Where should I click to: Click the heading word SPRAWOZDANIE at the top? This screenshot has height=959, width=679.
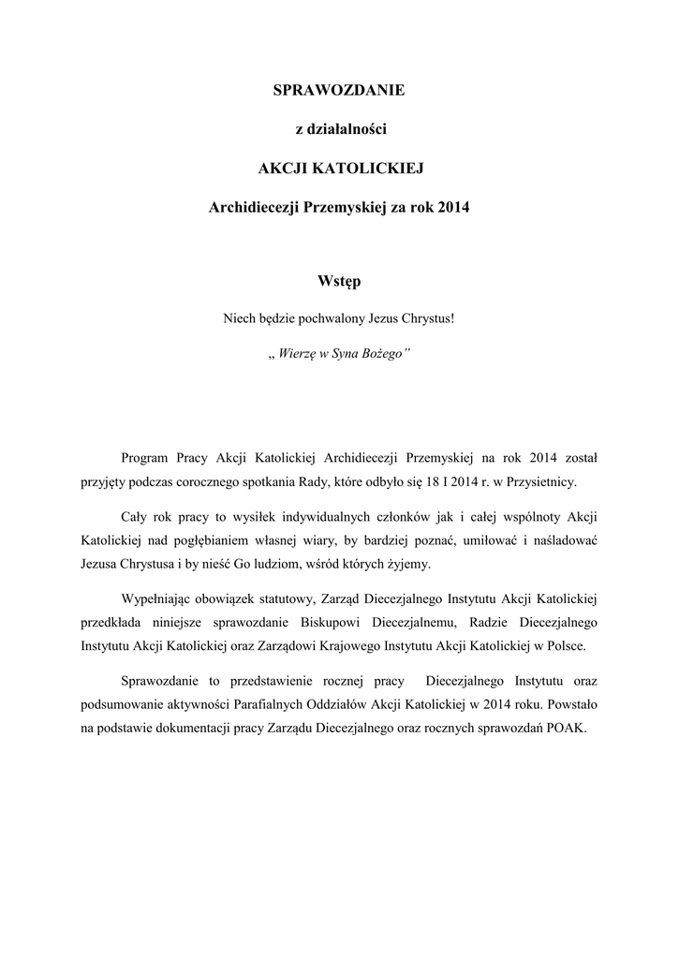point(338,90)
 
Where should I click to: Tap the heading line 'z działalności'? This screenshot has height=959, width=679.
point(338,129)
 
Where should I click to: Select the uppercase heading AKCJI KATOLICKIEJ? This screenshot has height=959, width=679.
point(338,169)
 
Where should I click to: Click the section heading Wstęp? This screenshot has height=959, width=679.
point(338,279)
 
